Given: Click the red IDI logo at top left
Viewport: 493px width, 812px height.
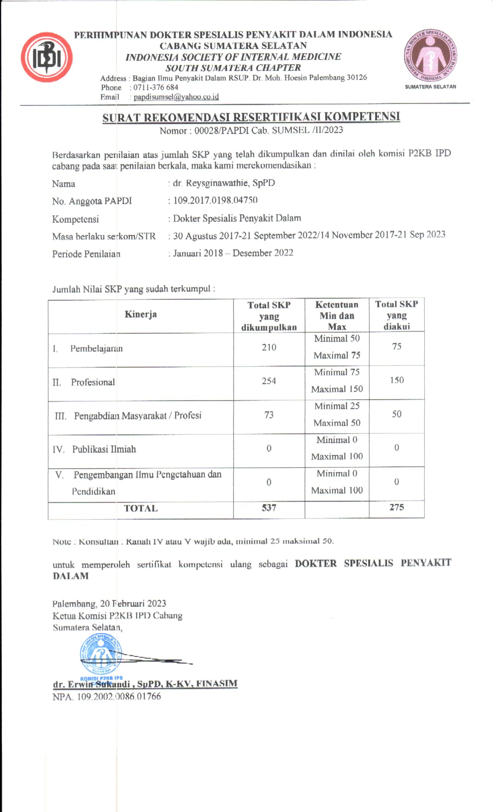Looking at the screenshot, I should pyautogui.click(x=47, y=57).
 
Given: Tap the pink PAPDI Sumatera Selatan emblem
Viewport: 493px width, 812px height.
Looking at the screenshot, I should pyautogui.click(x=430, y=55).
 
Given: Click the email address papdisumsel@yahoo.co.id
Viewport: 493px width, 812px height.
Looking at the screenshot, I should pyautogui.click(x=176, y=97).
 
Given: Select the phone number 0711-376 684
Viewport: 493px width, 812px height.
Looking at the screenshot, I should pyautogui.click(x=156, y=87).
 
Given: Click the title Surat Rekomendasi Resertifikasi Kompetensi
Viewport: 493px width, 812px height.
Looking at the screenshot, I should pyautogui.click(x=251, y=117).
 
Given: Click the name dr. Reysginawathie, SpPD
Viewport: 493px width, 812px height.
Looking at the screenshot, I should pyautogui.click(x=224, y=183).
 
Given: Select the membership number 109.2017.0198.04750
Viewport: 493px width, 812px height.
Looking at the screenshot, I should pyautogui.click(x=215, y=200).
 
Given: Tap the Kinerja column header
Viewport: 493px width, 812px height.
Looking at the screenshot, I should pyautogui.click(x=141, y=314).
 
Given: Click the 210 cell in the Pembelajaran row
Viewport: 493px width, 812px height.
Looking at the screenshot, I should pyautogui.click(x=269, y=348).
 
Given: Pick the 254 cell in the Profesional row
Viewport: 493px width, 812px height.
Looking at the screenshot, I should pyautogui.click(x=269, y=381).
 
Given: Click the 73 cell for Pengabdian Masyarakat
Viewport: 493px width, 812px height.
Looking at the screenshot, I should pyautogui.click(x=269, y=415).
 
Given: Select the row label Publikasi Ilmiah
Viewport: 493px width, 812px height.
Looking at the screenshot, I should pyautogui.click(x=104, y=449).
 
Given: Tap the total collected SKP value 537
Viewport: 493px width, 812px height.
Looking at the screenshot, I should pyautogui.click(x=269, y=508).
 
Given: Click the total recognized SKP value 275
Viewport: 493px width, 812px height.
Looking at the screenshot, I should pyautogui.click(x=396, y=507).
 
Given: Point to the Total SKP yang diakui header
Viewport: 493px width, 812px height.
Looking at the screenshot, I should pyautogui.click(x=396, y=315).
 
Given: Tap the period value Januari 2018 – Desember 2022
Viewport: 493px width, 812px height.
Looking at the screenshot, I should pyautogui.click(x=233, y=253).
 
